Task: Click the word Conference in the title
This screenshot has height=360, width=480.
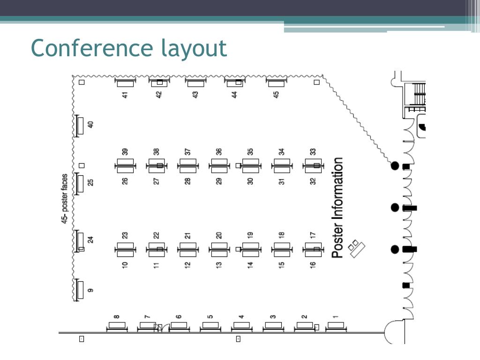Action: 92,48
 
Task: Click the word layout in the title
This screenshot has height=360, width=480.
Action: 194,48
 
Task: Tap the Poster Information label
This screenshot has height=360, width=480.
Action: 337,208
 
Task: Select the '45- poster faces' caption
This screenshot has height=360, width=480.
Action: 65,199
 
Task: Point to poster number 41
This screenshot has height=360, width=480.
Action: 125,95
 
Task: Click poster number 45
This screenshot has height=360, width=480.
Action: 276,95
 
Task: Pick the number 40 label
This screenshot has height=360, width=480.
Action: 90,125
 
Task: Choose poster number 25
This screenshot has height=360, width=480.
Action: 90,182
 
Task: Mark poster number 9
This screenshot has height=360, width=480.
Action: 90,290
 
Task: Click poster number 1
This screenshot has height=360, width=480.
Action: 336,317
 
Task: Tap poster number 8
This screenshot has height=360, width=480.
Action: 117,317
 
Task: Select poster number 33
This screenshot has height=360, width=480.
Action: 313,152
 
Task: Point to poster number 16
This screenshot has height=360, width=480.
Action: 313,265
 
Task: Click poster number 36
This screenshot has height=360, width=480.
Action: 218,152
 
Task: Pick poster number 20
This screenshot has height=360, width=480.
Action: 218,235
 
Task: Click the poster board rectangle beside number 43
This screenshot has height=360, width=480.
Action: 195,83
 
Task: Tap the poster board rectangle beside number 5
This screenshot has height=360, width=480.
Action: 210,325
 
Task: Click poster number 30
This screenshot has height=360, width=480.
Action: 250,181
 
